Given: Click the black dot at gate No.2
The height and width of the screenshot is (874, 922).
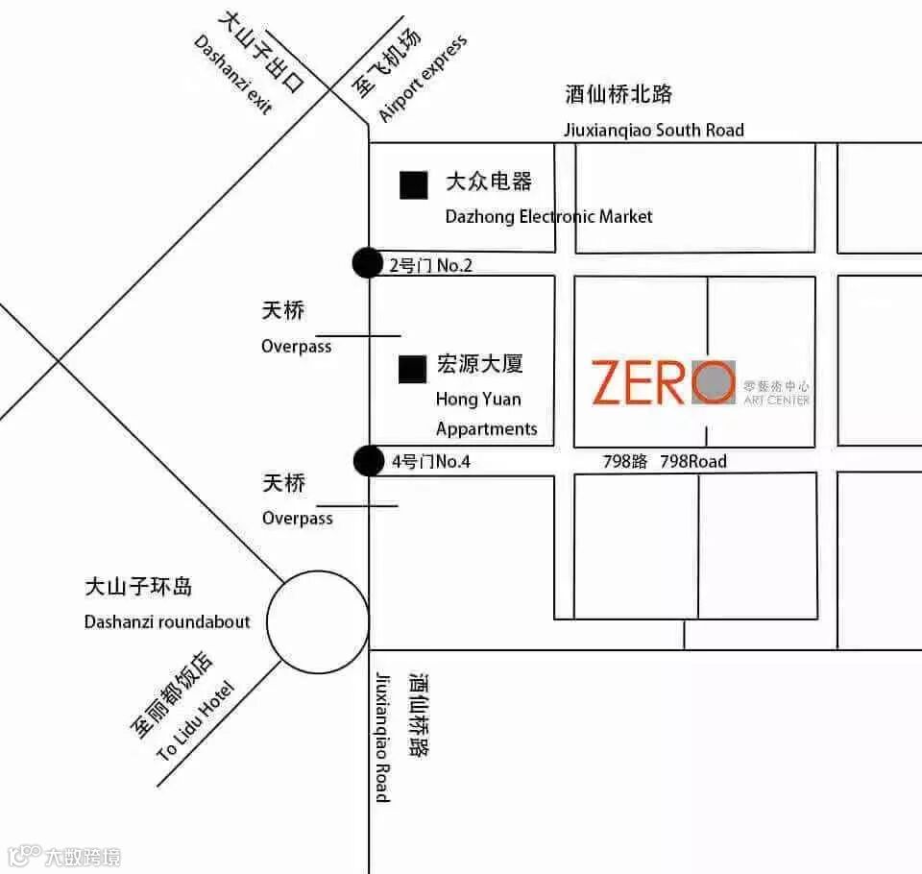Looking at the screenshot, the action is click(x=367, y=262).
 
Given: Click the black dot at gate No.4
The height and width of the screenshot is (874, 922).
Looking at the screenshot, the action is click(x=367, y=461).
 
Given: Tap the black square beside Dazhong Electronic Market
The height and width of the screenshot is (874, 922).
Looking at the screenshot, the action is click(x=414, y=184).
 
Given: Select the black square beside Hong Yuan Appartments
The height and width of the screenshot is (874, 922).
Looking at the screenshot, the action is click(x=413, y=369).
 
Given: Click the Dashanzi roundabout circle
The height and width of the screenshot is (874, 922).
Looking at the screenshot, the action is click(x=318, y=621).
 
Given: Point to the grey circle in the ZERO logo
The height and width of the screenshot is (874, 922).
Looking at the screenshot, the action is click(x=713, y=382).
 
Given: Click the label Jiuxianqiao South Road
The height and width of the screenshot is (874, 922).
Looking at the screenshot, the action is click(x=653, y=131).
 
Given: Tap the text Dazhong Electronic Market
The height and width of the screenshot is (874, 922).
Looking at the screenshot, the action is click(x=548, y=216).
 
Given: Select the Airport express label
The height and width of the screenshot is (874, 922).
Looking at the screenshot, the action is click(x=423, y=79).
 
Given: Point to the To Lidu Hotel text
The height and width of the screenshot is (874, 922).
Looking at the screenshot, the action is click(x=195, y=721).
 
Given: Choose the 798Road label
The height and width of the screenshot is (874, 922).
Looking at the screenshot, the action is click(x=693, y=461).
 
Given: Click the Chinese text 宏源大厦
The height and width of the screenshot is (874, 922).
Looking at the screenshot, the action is click(x=479, y=365).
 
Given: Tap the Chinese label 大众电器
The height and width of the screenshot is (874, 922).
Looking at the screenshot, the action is click(x=488, y=182).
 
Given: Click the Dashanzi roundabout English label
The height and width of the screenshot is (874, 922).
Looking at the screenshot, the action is click(x=167, y=621).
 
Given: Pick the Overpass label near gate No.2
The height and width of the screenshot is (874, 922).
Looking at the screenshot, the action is click(x=296, y=346).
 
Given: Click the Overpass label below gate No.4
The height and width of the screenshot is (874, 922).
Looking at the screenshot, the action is click(x=298, y=519).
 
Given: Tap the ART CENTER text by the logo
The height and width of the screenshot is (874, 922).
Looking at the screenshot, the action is click(x=776, y=400).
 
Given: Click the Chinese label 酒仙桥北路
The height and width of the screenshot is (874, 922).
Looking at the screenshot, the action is click(x=619, y=94).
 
